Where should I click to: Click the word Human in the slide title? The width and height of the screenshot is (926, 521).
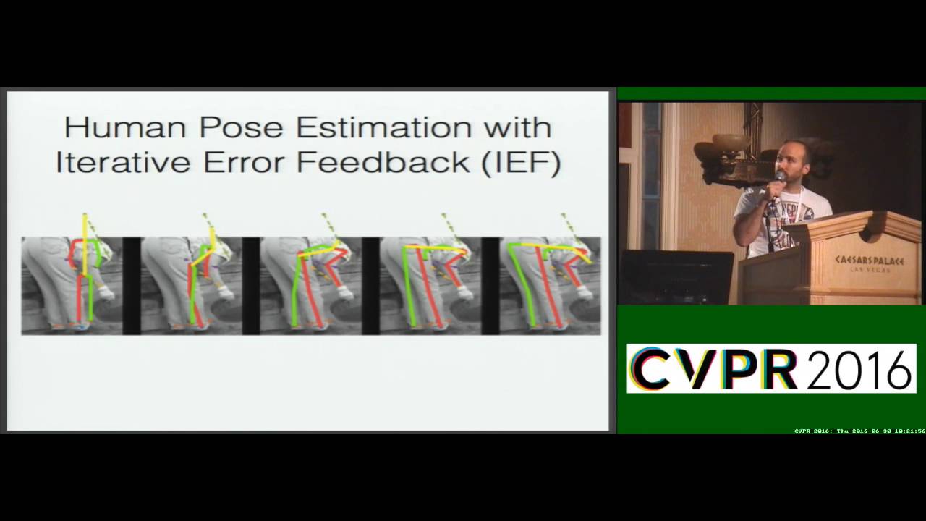[x=124, y=127]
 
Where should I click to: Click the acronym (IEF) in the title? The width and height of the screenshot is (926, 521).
[x=521, y=162]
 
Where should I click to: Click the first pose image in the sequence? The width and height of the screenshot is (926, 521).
[x=72, y=285]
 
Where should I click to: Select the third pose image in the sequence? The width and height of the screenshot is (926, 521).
[x=310, y=285]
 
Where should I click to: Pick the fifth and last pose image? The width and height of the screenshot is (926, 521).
[x=550, y=285]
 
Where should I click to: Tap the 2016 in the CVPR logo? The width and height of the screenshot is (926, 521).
[x=858, y=369]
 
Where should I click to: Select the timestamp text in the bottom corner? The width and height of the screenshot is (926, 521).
[x=859, y=431]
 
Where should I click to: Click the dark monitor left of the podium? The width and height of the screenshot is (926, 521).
[x=677, y=276]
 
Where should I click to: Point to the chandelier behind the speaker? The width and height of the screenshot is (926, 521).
[x=731, y=156]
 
